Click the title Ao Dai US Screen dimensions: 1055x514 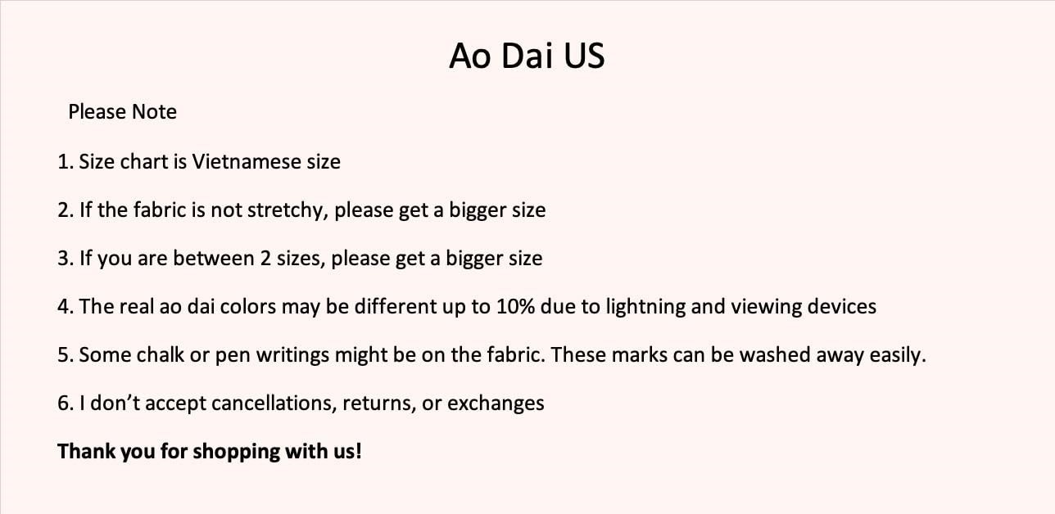[527, 56]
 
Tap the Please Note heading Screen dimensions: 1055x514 [123, 112]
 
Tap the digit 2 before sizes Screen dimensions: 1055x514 [265, 259]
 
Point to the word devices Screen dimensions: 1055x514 [842, 306]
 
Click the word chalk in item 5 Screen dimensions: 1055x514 [161, 355]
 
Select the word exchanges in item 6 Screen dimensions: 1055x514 [496, 404]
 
